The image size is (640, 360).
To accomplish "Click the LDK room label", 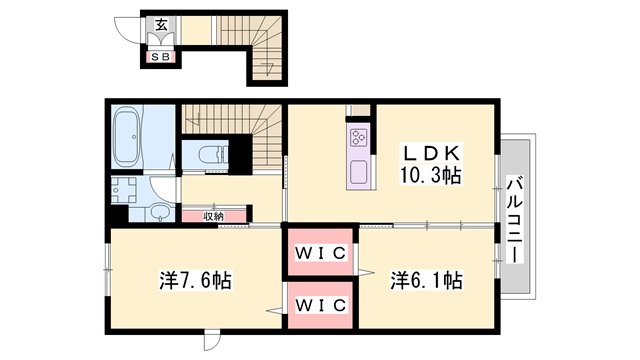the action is point(432,153).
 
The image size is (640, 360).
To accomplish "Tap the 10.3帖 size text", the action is point(431,176).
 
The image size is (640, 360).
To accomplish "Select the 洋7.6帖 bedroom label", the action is point(196,281).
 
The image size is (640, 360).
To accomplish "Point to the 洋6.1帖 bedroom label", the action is point(426,281).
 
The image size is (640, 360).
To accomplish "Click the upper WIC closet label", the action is point(321,253).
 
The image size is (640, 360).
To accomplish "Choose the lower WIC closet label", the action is point(321,305).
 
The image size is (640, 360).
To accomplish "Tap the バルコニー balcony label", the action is point(515,219).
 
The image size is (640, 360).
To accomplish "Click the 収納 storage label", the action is point(213,217).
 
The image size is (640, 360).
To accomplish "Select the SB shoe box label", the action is point(160,57).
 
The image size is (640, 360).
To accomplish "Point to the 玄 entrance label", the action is point(161,25).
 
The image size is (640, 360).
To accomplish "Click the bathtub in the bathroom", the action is point(126,137).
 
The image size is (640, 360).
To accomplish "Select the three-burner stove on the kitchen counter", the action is point(359,137).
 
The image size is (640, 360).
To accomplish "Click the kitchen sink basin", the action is point(359,172).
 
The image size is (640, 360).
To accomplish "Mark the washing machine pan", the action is point(124,190).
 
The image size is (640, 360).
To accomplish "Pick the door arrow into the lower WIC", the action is point(275,311).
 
